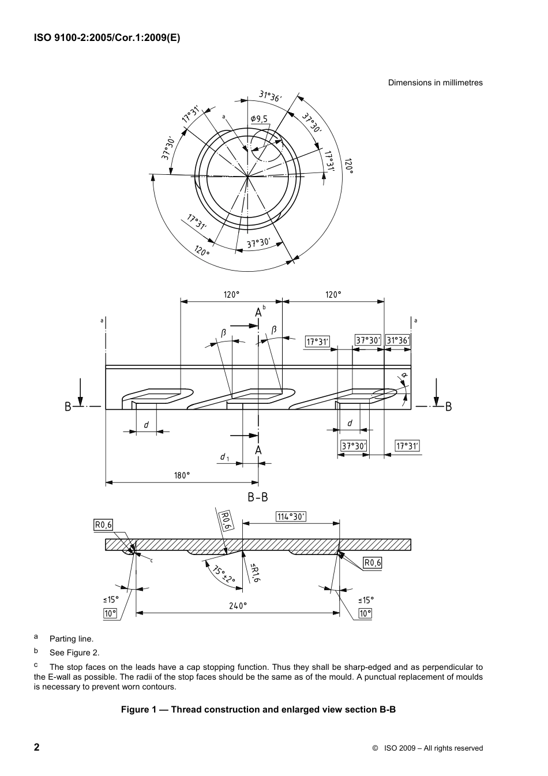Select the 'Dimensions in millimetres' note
point(435,83)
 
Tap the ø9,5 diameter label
point(259,119)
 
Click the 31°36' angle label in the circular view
point(269,97)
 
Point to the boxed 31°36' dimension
point(398,341)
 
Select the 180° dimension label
point(182,475)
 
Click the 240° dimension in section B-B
point(238,606)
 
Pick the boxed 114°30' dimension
point(291,517)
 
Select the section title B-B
point(258,497)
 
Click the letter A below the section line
point(258,449)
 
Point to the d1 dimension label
point(224,457)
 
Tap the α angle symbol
point(404,376)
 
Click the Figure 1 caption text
point(258,709)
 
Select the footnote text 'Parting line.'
point(71,639)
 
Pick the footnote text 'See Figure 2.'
point(74,653)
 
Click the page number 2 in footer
point(37,747)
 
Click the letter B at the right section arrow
point(448,407)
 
